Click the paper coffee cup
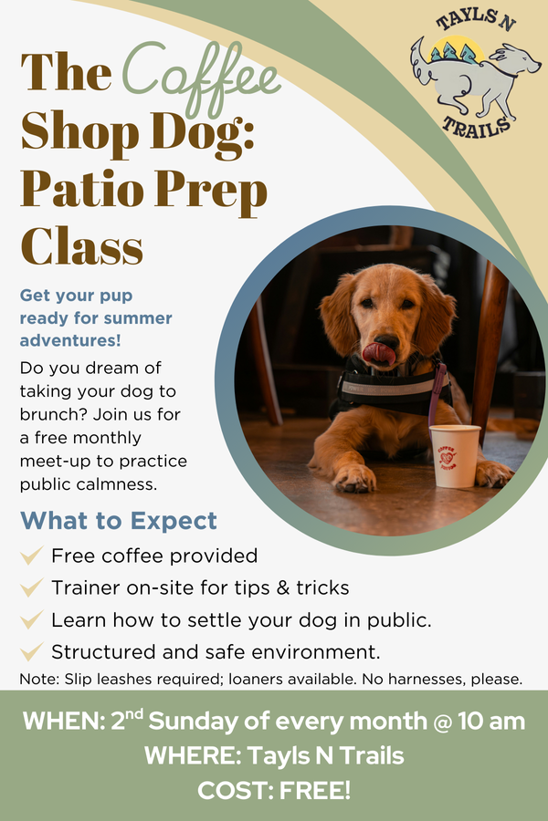pyautogui.click(x=454, y=454)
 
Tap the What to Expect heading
pyautogui.click(x=119, y=521)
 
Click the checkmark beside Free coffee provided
pyautogui.click(x=32, y=556)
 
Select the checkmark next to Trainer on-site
pyautogui.click(x=32, y=587)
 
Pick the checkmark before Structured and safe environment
pyautogui.click(x=32, y=651)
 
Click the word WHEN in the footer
pyautogui.click(x=62, y=721)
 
